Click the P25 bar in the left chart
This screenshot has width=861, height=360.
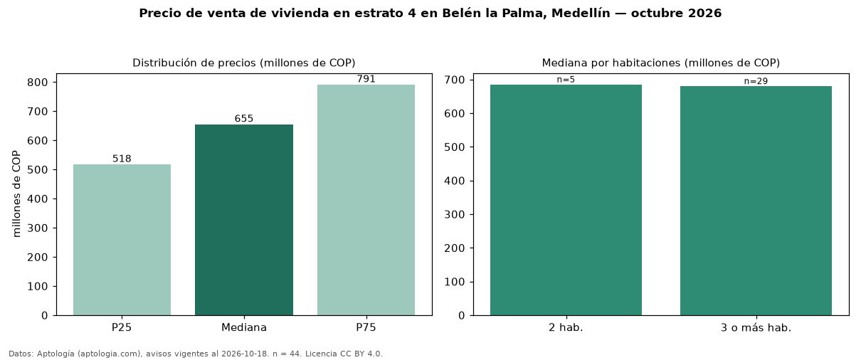coord(122,240)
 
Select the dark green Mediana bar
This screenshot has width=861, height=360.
coord(244,220)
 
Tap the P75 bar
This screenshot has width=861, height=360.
coord(366,200)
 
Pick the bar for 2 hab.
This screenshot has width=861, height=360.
coord(566,200)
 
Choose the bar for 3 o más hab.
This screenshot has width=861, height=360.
coord(756,201)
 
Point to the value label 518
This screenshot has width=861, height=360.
coord(122,159)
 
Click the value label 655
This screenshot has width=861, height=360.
coord(244,118)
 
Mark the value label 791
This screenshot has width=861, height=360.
coord(366,79)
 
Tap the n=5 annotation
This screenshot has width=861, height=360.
coord(566,80)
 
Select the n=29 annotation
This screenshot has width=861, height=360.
coord(756,81)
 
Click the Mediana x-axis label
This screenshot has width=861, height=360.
coord(244,327)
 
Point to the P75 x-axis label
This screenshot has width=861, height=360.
coord(366,327)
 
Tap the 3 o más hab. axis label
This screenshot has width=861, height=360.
coord(756,328)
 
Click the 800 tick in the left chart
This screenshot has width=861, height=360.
coord(37,83)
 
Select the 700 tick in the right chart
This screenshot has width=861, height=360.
coord(454,80)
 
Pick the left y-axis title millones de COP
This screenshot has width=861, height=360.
coord(16,194)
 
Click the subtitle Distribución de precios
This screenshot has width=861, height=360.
coord(194,63)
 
